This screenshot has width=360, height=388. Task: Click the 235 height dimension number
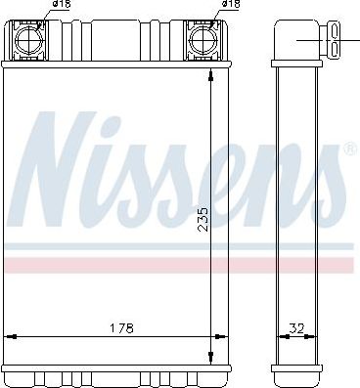tap(202, 219)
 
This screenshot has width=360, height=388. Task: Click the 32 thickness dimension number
tap(296, 328)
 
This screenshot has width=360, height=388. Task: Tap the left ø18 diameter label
tap(62, 4)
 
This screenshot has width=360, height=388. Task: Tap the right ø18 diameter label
tap(231, 4)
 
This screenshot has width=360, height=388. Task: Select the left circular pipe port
tap(29, 40)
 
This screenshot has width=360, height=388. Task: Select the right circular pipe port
tap(202, 40)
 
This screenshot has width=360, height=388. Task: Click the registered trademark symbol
tap(349, 149)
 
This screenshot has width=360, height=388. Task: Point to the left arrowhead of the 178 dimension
tap(11, 336)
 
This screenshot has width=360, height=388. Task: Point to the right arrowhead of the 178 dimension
tap(221, 336)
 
